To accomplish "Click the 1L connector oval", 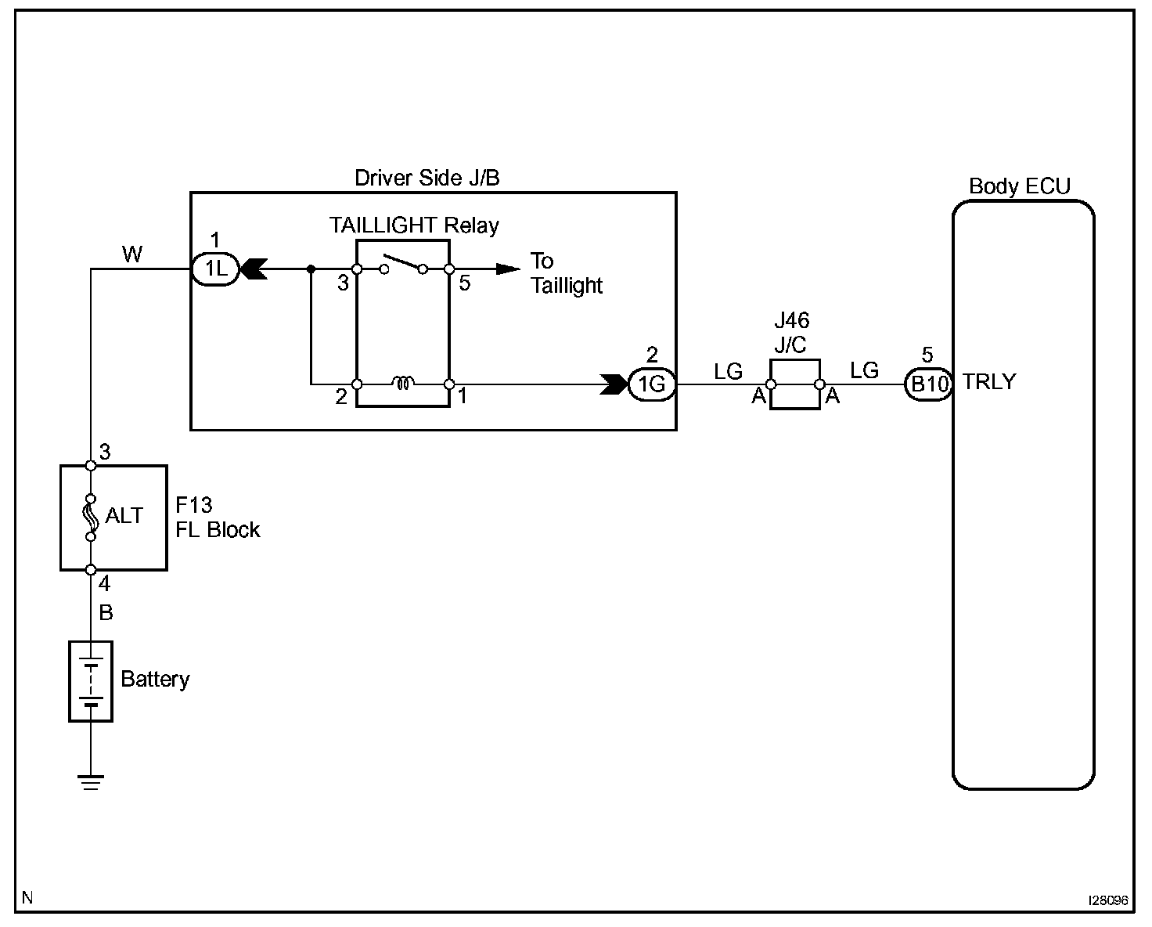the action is pos(215,269).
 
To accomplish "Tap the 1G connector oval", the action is pos(651,384).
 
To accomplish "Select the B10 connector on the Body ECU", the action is pos(929,384).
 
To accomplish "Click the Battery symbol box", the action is pos(91,681).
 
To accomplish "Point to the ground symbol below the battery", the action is pos(91,782).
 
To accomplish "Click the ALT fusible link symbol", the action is pos(91,518).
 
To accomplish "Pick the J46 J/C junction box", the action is pos(795,384).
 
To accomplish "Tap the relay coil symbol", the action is pos(403,383).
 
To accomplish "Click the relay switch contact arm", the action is pos(403,262).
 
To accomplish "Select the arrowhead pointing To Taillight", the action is pos(508,269).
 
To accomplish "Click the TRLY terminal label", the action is pos(989,382).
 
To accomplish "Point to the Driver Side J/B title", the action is pos(427,178).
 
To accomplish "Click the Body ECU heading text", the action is pos(1020,186).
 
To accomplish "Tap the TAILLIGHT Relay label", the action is pos(414,225).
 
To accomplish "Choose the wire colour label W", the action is pos(132,254).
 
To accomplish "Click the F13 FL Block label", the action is pos(218,518).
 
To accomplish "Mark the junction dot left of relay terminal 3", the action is pos(311,269).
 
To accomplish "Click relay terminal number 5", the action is pos(465,283).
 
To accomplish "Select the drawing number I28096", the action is pos(1108,900).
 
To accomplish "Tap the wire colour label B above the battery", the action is pos(106,612).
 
